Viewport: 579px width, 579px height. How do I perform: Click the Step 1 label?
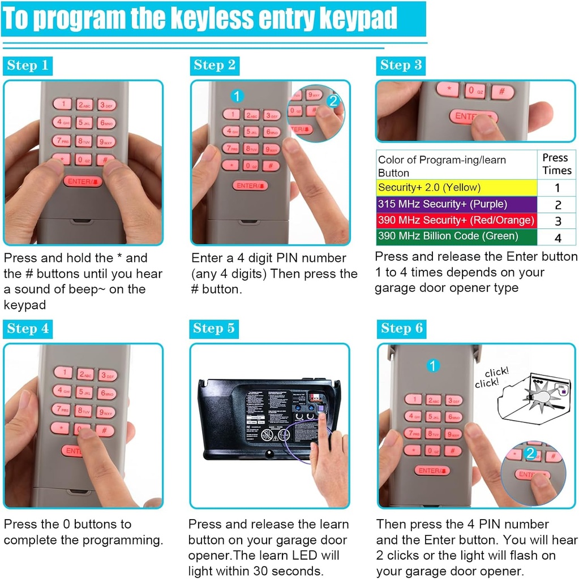[x=27, y=66]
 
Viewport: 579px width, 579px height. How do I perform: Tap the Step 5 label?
[x=213, y=329]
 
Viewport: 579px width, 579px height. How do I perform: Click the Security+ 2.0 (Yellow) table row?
[x=456, y=188]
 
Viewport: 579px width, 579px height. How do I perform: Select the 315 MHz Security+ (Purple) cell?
[x=456, y=204]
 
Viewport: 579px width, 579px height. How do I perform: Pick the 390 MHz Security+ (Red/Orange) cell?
[x=456, y=221]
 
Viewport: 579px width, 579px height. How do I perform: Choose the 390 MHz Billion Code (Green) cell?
[x=456, y=236]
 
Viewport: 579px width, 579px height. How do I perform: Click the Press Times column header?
[x=556, y=165]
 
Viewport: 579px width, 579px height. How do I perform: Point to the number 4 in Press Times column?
[x=557, y=237]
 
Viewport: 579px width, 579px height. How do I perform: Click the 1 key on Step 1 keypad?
[x=62, y=103]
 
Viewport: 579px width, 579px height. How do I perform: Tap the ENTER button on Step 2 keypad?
[x=250, y=185]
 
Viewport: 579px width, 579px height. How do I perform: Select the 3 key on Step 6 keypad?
[x=454, y=401]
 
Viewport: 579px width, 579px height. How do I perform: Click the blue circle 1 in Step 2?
[x=237, y=96]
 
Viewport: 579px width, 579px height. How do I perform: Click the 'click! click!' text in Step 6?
[x=491, y=377]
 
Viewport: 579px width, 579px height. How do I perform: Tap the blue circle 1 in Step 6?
[x=433, y=366]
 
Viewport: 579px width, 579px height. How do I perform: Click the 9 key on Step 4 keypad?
[x=106, y=413]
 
